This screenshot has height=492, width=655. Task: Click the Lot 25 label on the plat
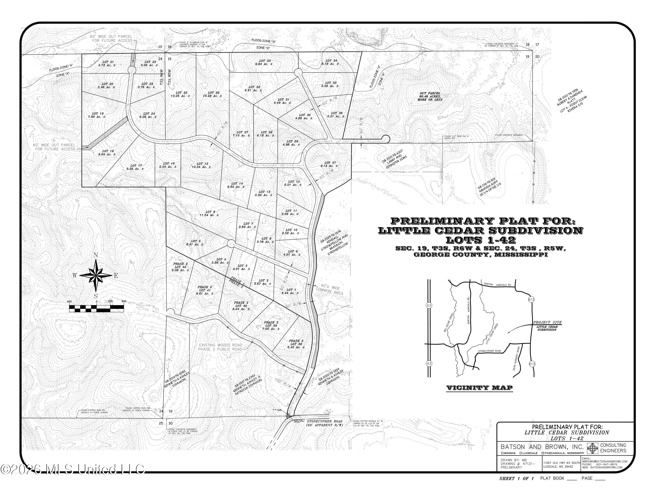point(181,94)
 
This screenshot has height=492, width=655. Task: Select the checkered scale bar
point(97,308)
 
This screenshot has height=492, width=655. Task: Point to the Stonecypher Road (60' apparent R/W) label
point(324,423)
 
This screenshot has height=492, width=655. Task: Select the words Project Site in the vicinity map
point(547,322)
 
